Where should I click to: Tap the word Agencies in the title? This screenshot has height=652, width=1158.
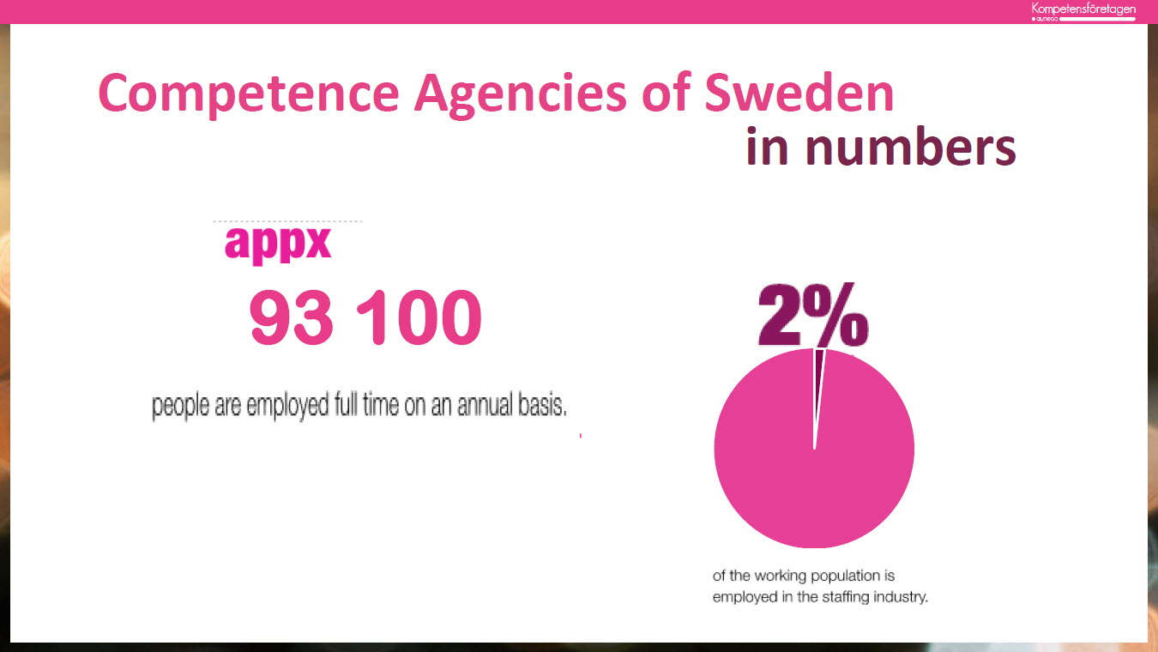(x=519, y=93)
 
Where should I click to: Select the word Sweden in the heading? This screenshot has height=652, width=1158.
(x=799, y=93)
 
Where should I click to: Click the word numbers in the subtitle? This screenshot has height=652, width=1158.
(x=910, y=148)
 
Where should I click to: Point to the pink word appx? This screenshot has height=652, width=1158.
(x=277, y=244)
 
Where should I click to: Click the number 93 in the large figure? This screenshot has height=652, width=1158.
(x=291, y=317)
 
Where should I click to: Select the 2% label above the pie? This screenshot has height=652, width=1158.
(x=811, y=314)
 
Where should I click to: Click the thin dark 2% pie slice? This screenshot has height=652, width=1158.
(x=819, y=365)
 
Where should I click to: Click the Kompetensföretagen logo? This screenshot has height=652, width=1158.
(x=1083, y=11)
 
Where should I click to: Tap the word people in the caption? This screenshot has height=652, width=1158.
(x=181, y=406)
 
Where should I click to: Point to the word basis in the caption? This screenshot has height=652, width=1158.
(x=542, y=406)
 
